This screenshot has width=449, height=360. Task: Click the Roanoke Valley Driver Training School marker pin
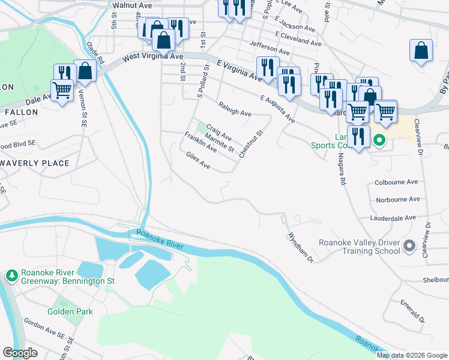pos(410,247)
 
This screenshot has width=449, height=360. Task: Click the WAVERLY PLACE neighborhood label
pos(35,163)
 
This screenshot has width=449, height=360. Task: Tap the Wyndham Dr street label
pos(301,248)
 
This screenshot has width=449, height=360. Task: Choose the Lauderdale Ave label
pos(393,218)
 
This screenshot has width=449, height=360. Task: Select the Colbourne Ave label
pos(396,181)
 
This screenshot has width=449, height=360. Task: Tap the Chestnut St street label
pos(251,144)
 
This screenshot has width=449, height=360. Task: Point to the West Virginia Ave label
pos(152,57)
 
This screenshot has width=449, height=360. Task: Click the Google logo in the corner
pos(20,353)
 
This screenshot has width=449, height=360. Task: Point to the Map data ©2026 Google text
pos(411,355)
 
